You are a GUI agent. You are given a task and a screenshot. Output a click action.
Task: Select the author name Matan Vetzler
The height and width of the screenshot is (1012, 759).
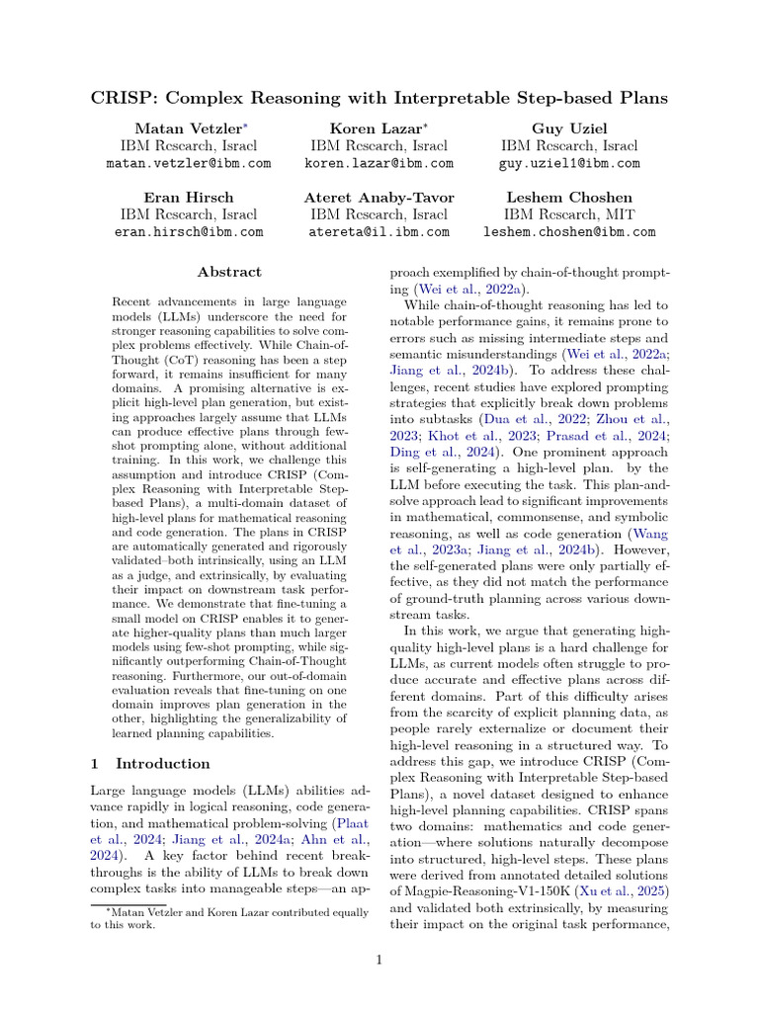pyautogui.click(x=185, y=128)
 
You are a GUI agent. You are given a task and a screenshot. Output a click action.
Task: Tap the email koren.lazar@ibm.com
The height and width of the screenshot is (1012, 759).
pyautogui.click(x=379, y=163)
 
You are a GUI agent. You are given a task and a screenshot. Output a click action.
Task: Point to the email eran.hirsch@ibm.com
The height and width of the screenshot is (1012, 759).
pyautogui.click(x=189, y=232)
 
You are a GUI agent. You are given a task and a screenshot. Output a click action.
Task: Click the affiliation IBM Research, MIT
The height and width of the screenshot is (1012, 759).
pyautogui.click(x=568, y=214)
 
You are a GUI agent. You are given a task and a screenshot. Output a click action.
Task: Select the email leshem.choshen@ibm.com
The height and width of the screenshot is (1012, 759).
pyautogui.click(x=568, y=232)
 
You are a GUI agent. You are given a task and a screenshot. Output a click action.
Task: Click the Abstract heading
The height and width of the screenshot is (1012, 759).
pyautogui.click(x=229, y=272)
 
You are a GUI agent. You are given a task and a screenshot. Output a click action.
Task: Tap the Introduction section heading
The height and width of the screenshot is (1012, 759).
pyautogui.click(x=163, y=764)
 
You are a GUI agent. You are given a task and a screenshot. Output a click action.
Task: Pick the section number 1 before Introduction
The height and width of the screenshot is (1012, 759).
pyautogui.click(x=95, y=764)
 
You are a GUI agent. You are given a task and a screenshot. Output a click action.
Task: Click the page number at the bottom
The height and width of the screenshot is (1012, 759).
pyautogui.click(x=379, y=959)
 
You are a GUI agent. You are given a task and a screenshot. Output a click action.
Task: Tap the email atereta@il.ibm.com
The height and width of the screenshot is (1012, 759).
pyautogui.click(x=379, y=232)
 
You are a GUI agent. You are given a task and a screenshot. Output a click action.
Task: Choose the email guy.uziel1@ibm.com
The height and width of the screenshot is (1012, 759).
pyautogui.click(x=568, y=163)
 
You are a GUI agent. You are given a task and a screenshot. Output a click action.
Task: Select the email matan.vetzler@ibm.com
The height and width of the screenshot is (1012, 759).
pyautogui.click(x=189, y=163)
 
